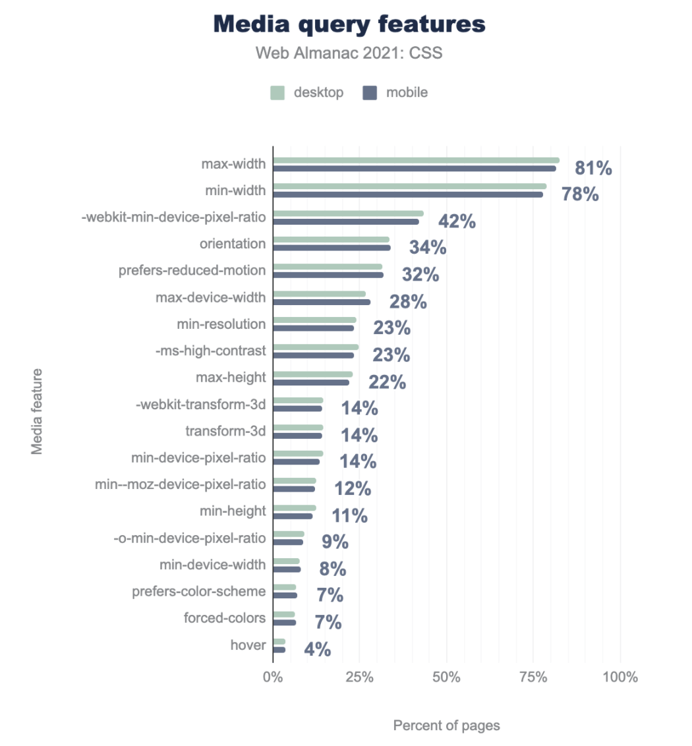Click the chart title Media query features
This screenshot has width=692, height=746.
tap(349, 24)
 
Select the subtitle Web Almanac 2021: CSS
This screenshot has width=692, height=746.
tap(349, 53)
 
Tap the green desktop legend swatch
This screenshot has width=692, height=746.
tap(277, 93)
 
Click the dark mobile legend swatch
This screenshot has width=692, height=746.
tap(370, 93)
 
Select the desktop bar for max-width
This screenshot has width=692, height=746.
tap(416, 160)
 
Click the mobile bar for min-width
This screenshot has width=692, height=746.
tap(408, 194)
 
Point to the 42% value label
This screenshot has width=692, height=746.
tap(457, 221)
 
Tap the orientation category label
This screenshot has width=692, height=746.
tap(233, 244)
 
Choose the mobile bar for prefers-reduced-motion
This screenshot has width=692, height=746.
tap(328, 275)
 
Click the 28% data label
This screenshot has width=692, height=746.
tap(408, 302)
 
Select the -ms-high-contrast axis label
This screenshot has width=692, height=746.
tap(211, 351)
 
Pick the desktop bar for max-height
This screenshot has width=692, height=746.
tap(313, 374)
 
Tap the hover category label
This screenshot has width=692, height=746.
tap(248, 645)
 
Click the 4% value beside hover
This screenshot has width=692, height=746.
tap(317, 650)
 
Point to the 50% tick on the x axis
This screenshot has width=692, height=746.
tap(446, 677)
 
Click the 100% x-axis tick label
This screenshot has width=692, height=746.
tap(620, 677)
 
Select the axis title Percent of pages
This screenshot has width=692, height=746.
tap(446, 726)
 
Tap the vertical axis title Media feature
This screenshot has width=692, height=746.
tap(38, 411)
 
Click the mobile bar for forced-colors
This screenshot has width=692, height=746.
tap(285, 622)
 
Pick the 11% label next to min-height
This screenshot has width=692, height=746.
tap(349, 515)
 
